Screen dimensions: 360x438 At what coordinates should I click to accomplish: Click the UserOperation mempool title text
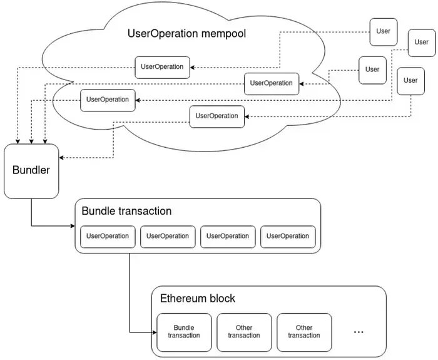(x=186, y=33)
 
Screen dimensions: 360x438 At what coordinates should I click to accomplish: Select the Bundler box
(x=31, y=170)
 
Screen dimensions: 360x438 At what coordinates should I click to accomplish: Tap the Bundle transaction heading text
(x=126, y=211)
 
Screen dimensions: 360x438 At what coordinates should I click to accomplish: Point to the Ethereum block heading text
(x=198, y=298)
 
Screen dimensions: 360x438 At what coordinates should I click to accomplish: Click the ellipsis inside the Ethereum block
(x=359, y=331)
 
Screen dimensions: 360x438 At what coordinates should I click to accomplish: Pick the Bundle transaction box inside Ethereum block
(x=184, y=332)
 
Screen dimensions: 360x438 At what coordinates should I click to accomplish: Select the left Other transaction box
(x=244, y=332)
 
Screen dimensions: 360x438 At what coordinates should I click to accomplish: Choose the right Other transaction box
(x=304, y=332)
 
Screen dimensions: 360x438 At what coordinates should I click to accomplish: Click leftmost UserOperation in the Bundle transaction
(x=108, y=236)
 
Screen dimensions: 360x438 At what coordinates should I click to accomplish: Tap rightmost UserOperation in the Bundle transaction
(x=288, y=236)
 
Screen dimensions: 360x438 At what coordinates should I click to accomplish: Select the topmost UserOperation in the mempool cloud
(x=162, y=67)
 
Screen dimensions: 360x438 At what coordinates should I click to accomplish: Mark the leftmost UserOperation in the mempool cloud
(x=108, y=100)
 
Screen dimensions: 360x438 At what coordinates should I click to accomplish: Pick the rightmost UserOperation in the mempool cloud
(x=271, y=83)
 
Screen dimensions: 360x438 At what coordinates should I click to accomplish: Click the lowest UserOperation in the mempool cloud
(x=216, y=116)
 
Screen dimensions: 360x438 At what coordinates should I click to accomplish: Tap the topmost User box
(x=383, y=31)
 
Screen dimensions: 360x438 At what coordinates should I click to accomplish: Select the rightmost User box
(x=422, y=43)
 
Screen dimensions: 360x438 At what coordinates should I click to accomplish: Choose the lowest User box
(x=410, y=81)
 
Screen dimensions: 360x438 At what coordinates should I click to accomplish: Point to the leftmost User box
(x=372, y=69)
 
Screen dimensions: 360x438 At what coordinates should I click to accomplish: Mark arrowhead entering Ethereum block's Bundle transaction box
(x=153, y=332)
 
